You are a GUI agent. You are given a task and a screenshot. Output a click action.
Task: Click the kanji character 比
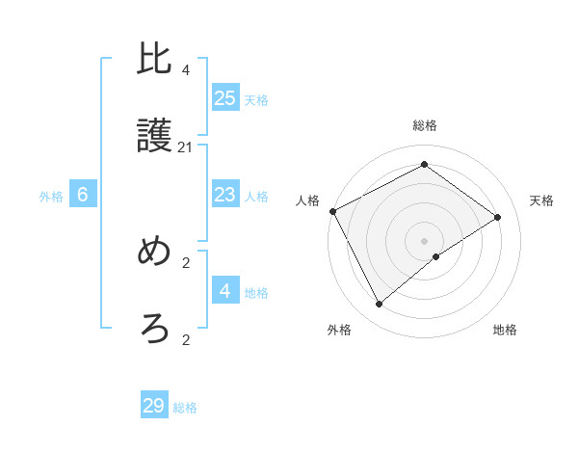pos(155,60)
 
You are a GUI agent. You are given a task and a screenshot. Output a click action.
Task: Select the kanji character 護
pos(155,137)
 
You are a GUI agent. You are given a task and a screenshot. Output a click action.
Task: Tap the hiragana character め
pos(155,253)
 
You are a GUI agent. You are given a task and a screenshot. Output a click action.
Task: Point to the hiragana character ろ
pos(155,330)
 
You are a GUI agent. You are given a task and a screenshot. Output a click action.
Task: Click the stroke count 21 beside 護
pos(186,147)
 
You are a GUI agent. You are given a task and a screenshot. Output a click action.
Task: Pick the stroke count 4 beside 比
pos(186,70)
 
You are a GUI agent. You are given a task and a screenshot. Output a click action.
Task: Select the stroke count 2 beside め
pos(186,262)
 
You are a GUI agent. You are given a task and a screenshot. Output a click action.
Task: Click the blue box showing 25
pos(224,98)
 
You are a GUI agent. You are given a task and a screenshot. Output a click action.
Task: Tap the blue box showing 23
pos(224,195)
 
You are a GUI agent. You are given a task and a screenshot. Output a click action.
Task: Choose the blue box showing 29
pos(154,406)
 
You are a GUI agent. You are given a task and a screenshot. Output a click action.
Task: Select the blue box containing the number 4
pos(224,290)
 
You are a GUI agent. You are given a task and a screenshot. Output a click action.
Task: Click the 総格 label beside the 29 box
pos(185,409)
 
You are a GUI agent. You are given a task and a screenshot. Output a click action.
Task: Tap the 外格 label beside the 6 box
pos(51,197)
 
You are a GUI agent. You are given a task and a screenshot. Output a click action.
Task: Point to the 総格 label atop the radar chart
pos(425,125)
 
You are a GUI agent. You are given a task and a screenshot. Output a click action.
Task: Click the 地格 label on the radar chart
pos(505,330)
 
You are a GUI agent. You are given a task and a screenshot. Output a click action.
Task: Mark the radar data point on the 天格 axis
pos(498,217)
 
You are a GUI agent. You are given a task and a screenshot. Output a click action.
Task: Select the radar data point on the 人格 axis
pos(332,211)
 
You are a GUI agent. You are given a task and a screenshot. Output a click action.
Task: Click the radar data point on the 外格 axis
pos(380,305)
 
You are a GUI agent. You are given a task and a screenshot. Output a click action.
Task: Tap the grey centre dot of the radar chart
pos(425,240)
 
